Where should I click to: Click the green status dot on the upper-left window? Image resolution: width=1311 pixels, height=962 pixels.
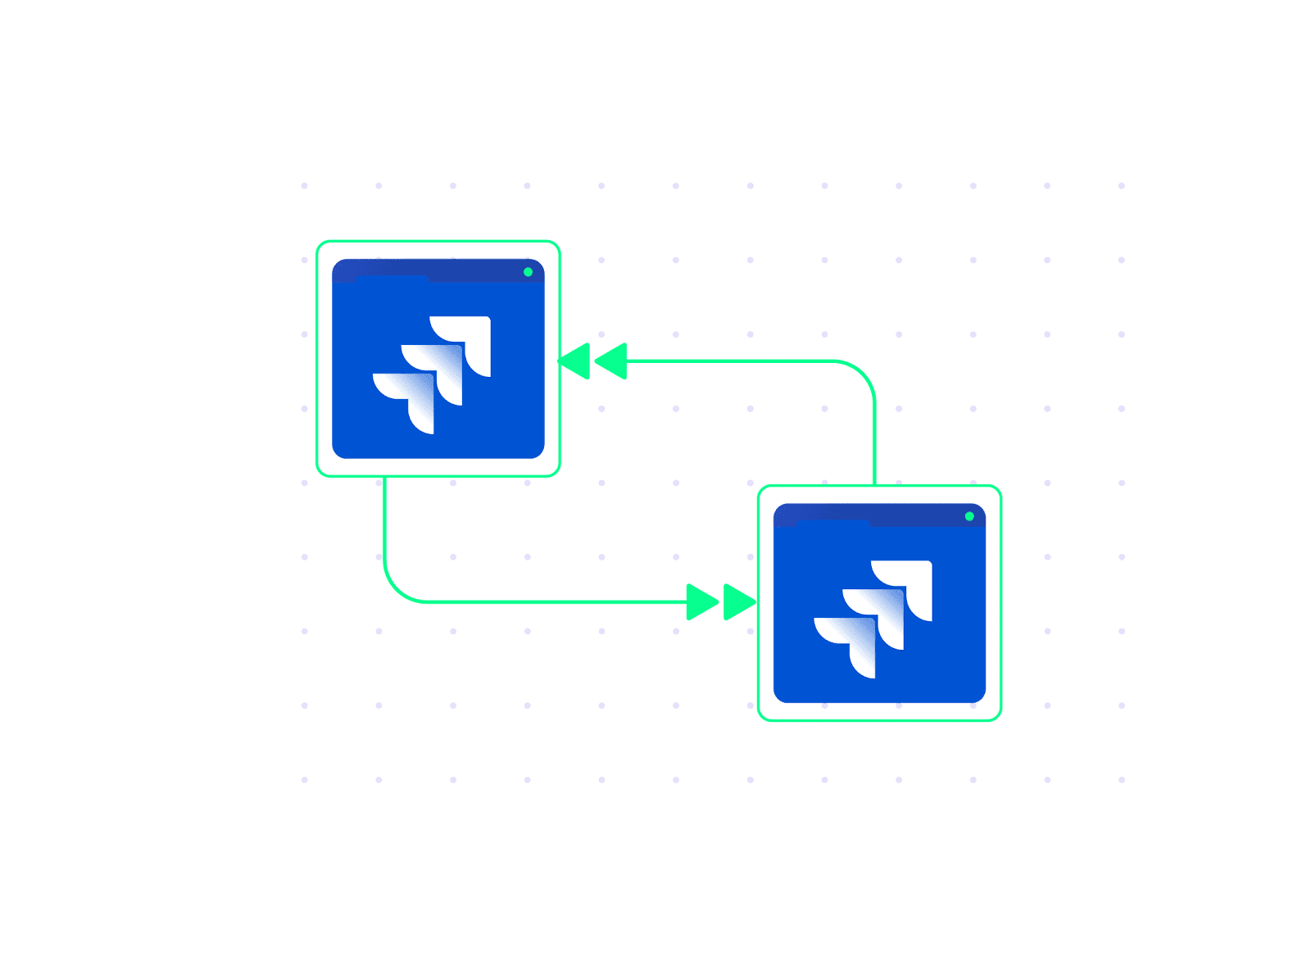pos(528,272)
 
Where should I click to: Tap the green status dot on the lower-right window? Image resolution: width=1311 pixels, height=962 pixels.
pos(969,516)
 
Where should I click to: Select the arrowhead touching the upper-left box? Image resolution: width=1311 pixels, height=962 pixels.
pos(574,361)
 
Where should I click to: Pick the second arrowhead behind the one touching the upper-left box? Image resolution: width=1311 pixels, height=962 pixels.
pos(612,361)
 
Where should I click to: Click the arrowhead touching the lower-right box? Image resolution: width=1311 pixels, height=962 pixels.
pos(739,602)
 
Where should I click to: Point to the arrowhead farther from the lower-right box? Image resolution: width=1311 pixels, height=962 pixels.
pos(701,602)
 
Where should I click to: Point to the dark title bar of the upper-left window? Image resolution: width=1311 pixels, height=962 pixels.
pos(475,270)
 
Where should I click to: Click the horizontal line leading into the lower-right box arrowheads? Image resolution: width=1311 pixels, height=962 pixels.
pos(557,602)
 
